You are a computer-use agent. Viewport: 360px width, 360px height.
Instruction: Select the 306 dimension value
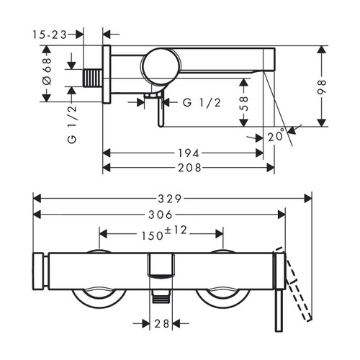(x=160, y=215)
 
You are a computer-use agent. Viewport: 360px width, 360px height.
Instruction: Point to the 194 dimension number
(x=189, y=153)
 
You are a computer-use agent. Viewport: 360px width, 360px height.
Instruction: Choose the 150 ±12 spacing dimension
(x=160, y=233)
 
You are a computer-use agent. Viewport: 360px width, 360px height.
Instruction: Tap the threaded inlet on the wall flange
(x=91, y=76)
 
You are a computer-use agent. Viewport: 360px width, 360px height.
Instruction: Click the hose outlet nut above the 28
(x=161, y=294)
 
